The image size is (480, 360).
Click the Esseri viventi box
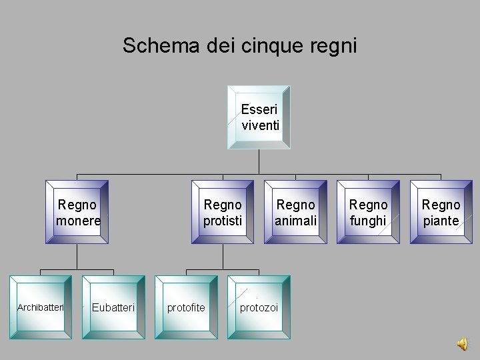pos(259,117)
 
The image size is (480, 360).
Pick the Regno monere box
pos(77,212)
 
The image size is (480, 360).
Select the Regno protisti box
pos(223,212)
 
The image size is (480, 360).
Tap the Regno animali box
pos(295,212)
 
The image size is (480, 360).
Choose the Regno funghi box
pos(368,212)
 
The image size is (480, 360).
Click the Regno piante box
pos(441,212)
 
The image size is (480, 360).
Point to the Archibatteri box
pos(41,307)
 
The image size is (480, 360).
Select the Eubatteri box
pos(113,307)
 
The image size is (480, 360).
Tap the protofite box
pos(186,307)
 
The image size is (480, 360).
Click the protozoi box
pos(259,307)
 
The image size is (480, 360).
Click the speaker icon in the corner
pos(462,343)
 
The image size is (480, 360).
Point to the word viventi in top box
pos(261,125)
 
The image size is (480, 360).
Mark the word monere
pos(78,221)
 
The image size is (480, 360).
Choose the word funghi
pos(368,221)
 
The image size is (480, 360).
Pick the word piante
pos(441,221)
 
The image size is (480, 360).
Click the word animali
pos(295,221)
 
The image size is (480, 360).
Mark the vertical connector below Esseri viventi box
pos(259,161)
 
